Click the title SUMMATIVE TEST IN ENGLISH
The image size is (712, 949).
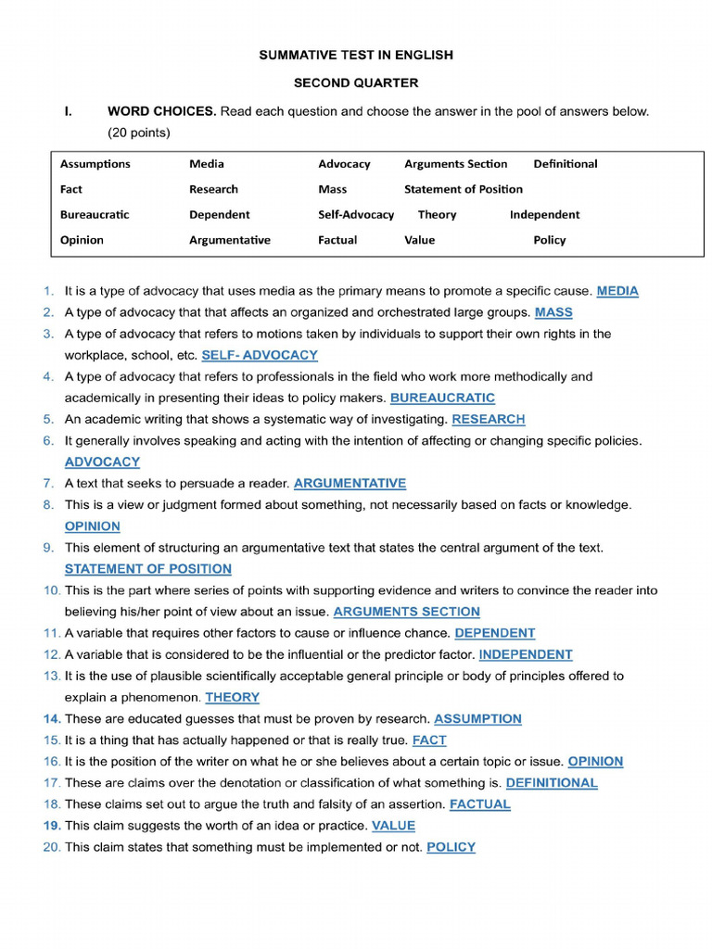tap(356, 56)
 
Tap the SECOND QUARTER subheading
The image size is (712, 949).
tap(356, 82)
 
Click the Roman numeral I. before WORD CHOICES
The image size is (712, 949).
tap(68, 111)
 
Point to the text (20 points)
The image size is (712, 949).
tap(139, 133)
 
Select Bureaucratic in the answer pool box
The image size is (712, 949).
tap(95, 214)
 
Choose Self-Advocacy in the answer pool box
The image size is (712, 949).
tap(356, 214)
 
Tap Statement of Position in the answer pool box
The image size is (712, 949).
tap(463, 189)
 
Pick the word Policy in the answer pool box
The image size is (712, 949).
tap(549, 240)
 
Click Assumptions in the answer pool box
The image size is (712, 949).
tap(95, 164)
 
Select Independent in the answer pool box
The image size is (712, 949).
tap(544, 214)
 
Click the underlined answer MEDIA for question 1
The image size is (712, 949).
tap(617, 291)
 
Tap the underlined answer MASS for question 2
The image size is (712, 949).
tap(553, 312)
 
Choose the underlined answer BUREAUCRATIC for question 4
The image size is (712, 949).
tap(442, 398)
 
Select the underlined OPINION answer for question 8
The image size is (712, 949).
tap(92, 526)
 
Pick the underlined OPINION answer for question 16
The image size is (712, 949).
tap(595, 761)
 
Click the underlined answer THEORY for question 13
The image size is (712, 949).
tap(232, 697)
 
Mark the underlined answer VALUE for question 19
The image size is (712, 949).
tap(393, 825)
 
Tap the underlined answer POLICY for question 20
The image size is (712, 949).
tap(451, 847)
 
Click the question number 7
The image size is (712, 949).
tap(48, 483)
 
